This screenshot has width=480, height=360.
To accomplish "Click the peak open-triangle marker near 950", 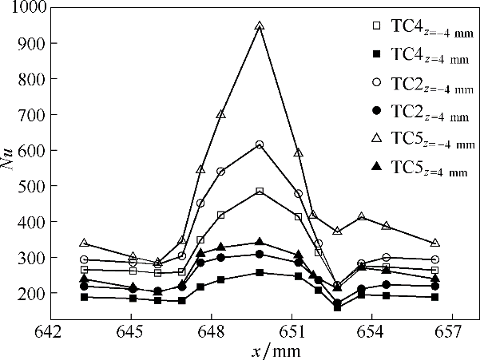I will pos(260,26).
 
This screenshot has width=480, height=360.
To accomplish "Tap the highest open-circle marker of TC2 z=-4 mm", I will pos(260,144).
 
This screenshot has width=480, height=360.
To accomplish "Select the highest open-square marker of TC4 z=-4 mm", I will pos(260,192).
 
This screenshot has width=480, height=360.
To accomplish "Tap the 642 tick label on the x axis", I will pos(50,330).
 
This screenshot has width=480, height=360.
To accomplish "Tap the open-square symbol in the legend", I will pos(375,26).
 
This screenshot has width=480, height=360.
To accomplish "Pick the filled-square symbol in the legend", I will pos(375,54).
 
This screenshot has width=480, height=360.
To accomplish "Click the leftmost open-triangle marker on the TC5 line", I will pos(84,243).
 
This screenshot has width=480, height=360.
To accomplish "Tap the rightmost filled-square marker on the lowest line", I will pos(434,297).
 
